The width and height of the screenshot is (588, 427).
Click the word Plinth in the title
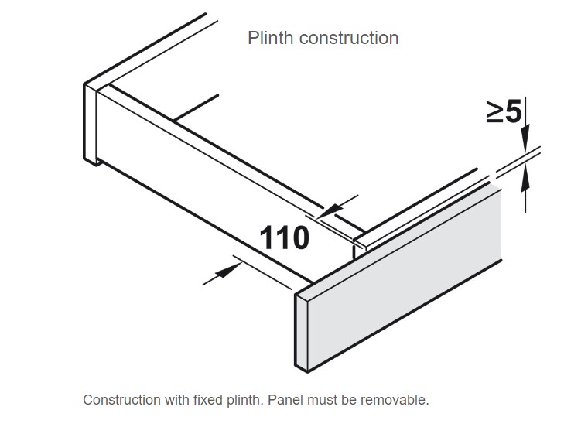coord(268,37)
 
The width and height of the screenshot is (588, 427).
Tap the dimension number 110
coord(284,237)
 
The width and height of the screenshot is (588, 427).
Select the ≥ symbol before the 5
coord(495,113)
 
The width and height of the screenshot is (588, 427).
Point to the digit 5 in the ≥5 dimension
coord(514,113)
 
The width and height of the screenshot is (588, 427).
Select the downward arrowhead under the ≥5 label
coord(525,142)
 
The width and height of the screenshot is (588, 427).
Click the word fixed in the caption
coord(210,400)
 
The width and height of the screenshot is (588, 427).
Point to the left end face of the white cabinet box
coord(90,124)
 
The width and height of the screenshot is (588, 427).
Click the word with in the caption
coord(178,400)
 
